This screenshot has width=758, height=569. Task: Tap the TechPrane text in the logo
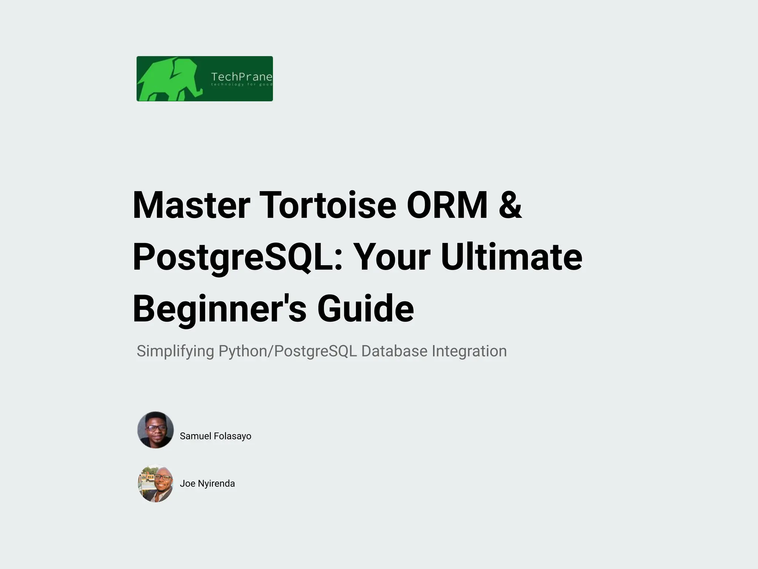pos(241,77)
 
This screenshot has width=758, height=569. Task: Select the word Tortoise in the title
pos(328,205)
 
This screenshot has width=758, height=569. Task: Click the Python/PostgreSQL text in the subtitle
pos(288,351)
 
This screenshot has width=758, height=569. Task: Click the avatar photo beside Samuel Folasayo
pos(155,430)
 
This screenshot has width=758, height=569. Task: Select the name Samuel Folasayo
pos(215,436)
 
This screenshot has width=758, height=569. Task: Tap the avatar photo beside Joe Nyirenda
pos(155,483)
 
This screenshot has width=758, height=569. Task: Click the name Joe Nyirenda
pos(207,483)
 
